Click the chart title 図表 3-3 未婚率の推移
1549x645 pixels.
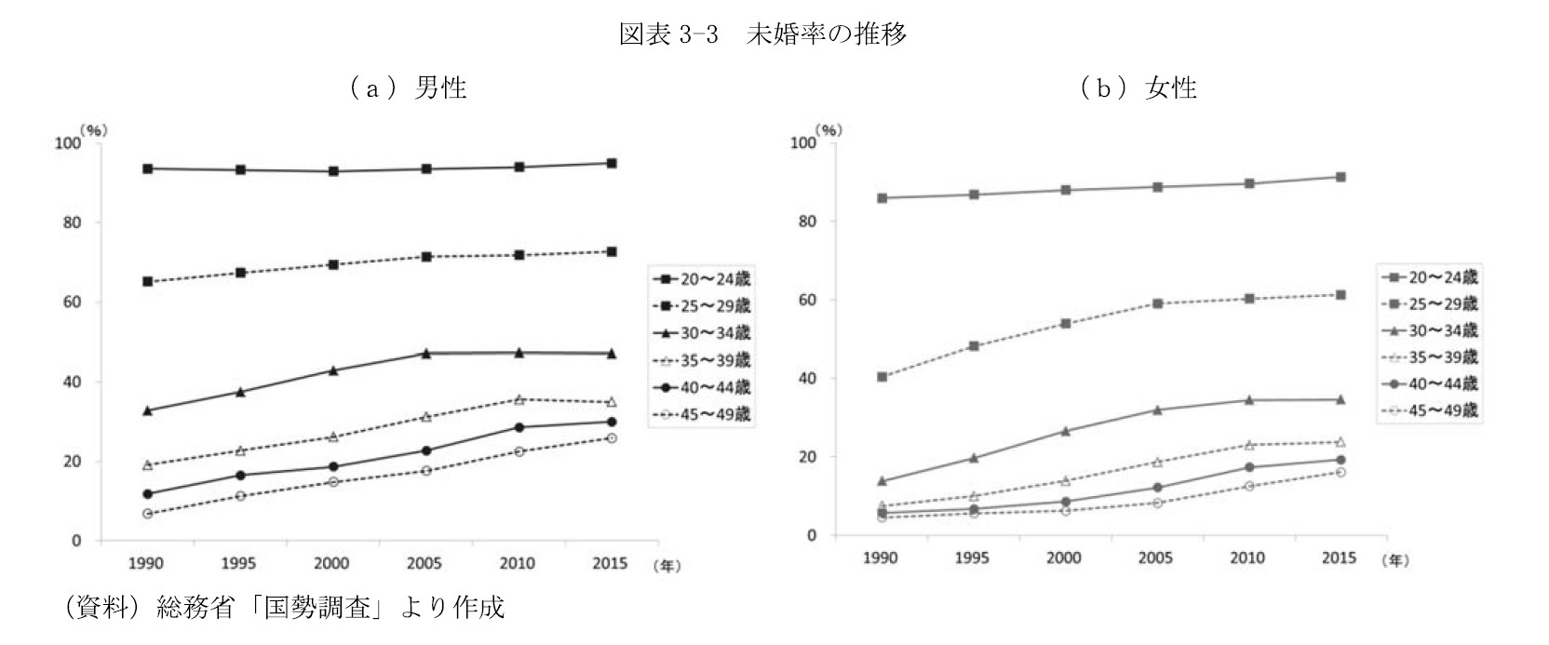coord(762,35)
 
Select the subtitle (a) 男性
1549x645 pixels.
coord(408,87)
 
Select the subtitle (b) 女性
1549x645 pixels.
coord(1138,87)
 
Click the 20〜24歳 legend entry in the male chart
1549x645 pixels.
coord(702,278)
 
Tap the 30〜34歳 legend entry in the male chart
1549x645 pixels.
coord(702,333)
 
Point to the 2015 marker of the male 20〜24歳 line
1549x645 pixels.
coord(611,163)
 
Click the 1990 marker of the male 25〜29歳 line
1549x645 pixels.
coord(147,281)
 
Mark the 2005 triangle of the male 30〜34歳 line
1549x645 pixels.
coord(425,353)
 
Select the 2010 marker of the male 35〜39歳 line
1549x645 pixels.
coord(518,399)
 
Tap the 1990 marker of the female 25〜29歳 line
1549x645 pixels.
coord(881,377)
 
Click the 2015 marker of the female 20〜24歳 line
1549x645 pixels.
coord(1340,177)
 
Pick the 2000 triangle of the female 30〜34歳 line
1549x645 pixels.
coord(1065,431)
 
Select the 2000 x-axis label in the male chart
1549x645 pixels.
coord(332,563)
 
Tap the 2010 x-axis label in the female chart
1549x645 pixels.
coord(1247,558)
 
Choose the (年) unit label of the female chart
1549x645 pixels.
coord(1394,559)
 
